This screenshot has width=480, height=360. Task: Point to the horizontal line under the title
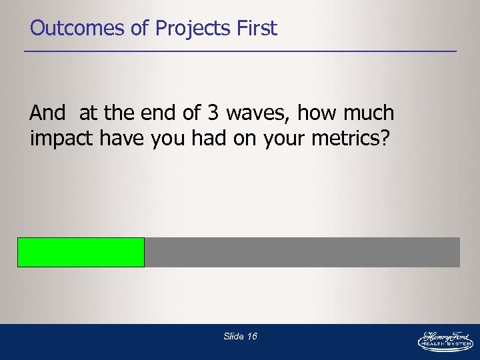(x=240, y=51)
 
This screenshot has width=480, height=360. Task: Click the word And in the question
(x=47, y=113)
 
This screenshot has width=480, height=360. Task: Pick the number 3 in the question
(x=213, y=113)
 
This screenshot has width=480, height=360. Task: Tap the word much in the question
(x=370, y=113)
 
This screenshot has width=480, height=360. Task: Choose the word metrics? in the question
(x=362, y=139)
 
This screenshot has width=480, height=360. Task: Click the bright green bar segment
(x=81, y=252)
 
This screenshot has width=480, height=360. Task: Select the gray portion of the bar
(x=302, y=252)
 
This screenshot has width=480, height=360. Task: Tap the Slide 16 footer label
(x=240, y=336)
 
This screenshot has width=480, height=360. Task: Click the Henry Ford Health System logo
(x=445, y=341)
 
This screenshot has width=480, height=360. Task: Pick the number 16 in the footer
(x=252, y=336)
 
